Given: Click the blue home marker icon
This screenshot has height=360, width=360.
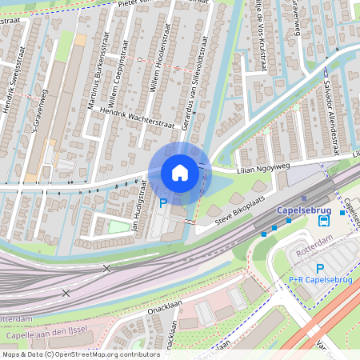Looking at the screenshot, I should coord(179,172).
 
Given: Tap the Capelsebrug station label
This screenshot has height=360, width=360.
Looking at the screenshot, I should coord(303,210).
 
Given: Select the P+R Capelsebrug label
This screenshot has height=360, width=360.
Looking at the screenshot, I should coord(320,280).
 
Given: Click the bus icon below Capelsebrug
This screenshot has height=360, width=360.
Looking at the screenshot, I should coord(323,220).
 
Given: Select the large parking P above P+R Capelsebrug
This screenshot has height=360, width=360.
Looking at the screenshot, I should coord(320,268).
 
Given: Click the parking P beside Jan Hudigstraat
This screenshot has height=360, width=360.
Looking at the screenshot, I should coord(163,203).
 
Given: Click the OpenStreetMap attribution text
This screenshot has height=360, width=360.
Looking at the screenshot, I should coord(81,354).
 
